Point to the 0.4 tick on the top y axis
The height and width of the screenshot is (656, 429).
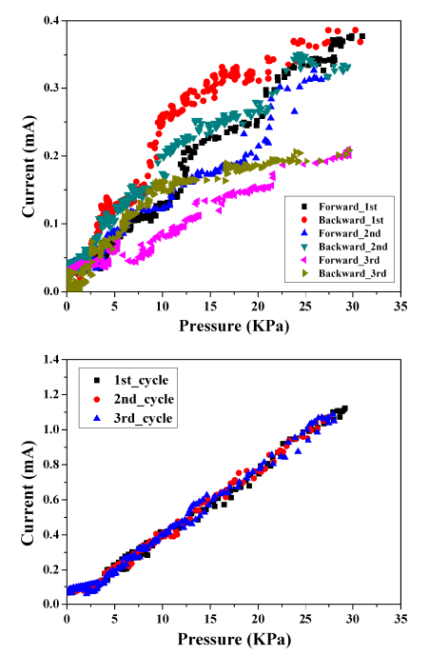[x=49, y=20]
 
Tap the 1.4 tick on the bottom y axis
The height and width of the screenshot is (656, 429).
[x=49, y=358]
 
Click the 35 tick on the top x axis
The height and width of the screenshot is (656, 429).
[x=400, y=308]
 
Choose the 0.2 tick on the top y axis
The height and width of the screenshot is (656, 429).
[x=49, y=155]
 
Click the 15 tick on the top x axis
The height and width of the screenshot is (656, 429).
[x=209, y=308]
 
